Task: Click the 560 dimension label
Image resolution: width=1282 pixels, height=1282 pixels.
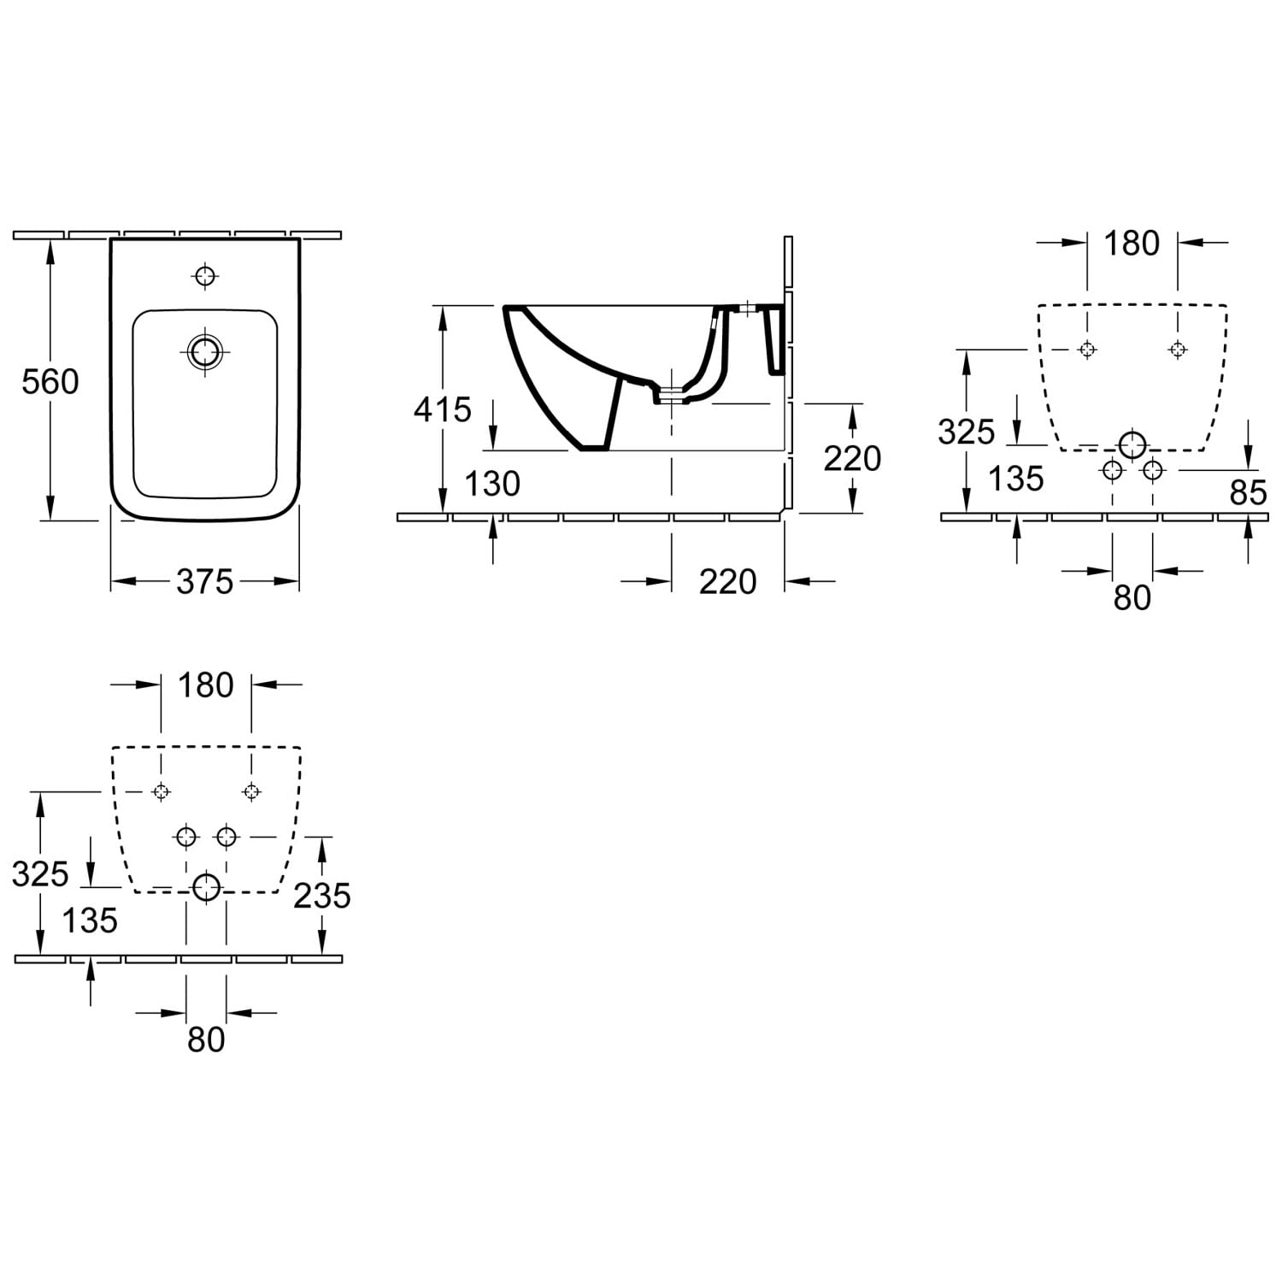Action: pos(50,381)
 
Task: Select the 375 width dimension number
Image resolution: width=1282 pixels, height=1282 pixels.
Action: pos(205,582)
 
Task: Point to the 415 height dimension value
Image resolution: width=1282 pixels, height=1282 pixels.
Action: pos(443,410)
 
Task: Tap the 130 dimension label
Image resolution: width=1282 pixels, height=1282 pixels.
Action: pos(492,484)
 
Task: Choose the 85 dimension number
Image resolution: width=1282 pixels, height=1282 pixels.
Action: pos(1248,493)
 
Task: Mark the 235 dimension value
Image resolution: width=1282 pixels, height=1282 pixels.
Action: pos(322,896)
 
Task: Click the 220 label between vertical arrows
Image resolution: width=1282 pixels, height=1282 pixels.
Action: pos(852,459)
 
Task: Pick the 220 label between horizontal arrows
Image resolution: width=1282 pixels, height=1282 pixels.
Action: pos(728,582)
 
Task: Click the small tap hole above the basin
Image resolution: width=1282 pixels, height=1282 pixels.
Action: pos(205,276)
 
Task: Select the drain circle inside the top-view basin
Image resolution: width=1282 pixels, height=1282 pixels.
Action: pos(205,350)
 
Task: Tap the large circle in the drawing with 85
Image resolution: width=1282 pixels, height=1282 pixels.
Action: pos(1132,444)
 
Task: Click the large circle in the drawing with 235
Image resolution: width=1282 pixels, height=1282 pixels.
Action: pos(206,888)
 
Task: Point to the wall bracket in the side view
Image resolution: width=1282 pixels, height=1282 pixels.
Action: pos(776,339)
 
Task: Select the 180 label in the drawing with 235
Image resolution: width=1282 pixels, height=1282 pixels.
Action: pos(206,685)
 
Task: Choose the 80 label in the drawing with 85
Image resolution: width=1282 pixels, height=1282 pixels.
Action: pos(1132,598)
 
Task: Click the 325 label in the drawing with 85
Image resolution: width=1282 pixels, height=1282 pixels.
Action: pos(967,432)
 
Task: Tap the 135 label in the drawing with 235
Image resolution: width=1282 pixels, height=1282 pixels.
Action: pos(90,921)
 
